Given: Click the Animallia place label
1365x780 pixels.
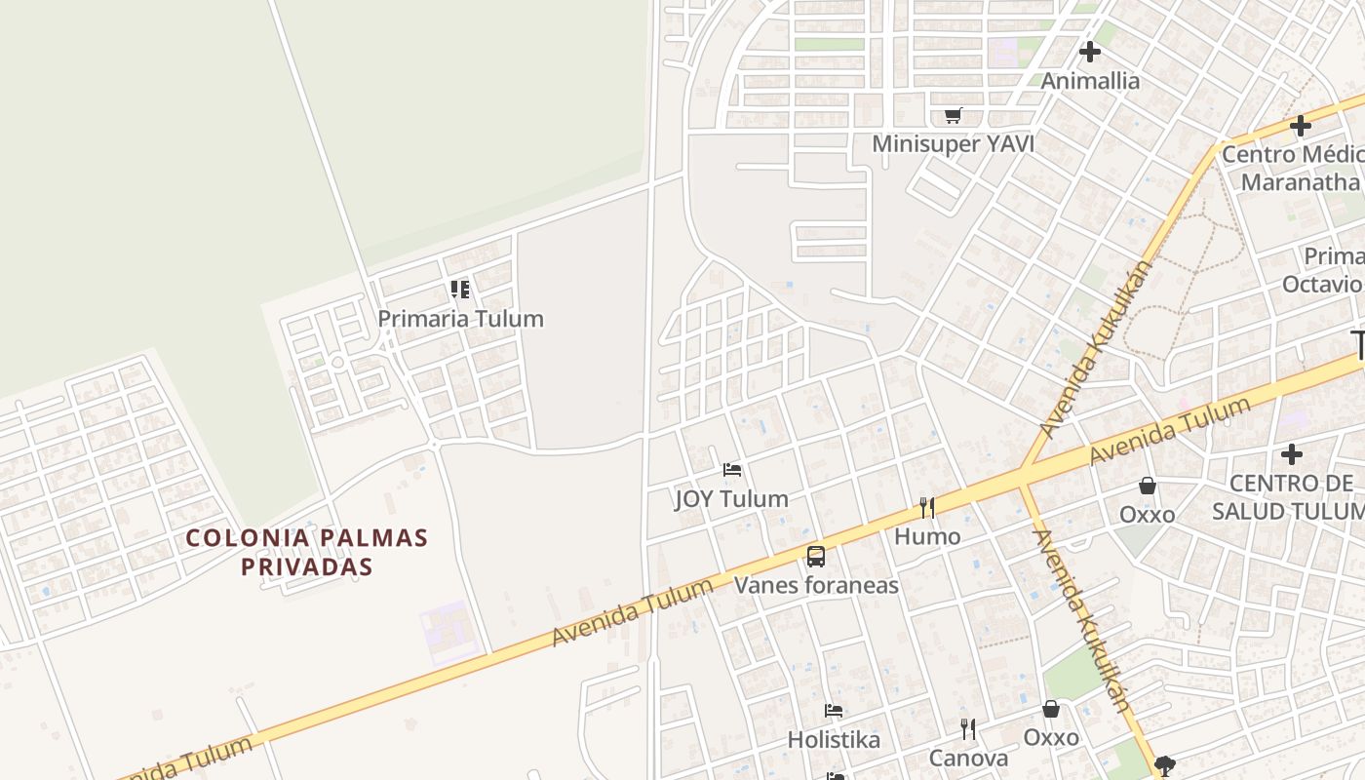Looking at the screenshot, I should pyautogui.click(x=1090, y=81).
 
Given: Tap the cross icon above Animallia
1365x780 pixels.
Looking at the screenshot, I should pyautogui.click(x=1090, y=52).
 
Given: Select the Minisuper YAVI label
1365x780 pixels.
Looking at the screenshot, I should pyautogui.click(x=953, y=144).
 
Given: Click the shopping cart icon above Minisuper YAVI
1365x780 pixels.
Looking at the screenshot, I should pyautogui.click(x=953, y=116).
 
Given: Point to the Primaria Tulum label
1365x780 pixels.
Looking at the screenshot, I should pyautogui.click(x=460, y=319).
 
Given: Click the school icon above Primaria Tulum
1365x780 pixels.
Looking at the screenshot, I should pyautogui.click(x=460, y=289).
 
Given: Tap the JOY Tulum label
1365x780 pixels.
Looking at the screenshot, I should pyautogui.click(x=731, y=499).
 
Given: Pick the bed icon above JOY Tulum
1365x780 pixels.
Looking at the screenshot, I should pyautogui.click(x=732, y=470).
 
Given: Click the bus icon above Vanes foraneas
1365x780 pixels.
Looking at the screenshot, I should pyautogui.click(x=816, y=557).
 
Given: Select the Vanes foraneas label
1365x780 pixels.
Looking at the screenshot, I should pyautogui.click(x=816, y=585).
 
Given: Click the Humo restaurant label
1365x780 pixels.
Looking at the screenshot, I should pyautogui.click(x=927, y=536).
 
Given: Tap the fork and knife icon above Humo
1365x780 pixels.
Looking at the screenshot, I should pyautogui.click(x=927, y=507).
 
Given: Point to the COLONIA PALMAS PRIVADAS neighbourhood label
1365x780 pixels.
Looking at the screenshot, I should pyautogui.click(x=307, y=552).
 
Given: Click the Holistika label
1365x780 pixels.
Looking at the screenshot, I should pyautogui.click(x=834, y=740).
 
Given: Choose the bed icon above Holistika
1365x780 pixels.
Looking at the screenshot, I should pyautogui.click(x=834, y=711).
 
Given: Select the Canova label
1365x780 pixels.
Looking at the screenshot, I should pyautogui.click(x=968, y=759).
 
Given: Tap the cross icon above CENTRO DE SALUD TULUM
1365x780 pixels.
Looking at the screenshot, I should pyautogui.click(x=1292, y=454).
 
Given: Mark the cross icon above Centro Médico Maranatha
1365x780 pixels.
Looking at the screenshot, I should pyautogui.click(x=1301, y=126).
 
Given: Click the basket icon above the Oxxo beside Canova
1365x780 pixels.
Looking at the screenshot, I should pyautogui.click(x=1051, y=709).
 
